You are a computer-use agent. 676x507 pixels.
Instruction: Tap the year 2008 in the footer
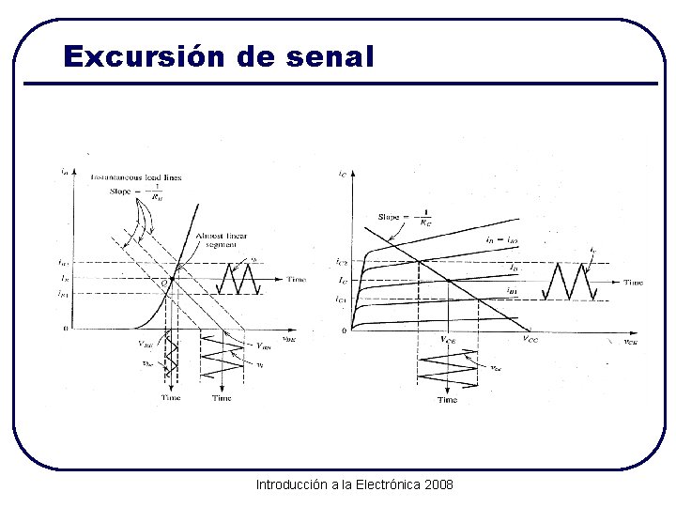tap(438, 484)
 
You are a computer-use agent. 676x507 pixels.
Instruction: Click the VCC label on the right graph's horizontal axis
tap(530, 339)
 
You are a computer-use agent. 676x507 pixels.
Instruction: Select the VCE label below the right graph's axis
tap(449, 339)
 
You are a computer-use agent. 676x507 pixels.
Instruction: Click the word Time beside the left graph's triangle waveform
tap(297, 280)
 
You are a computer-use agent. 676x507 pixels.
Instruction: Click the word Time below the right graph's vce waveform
tap(447, 400)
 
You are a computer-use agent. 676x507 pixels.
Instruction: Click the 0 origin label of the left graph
tap(65, 329)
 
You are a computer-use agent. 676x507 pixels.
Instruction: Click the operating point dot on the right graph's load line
tap(450, 281)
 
